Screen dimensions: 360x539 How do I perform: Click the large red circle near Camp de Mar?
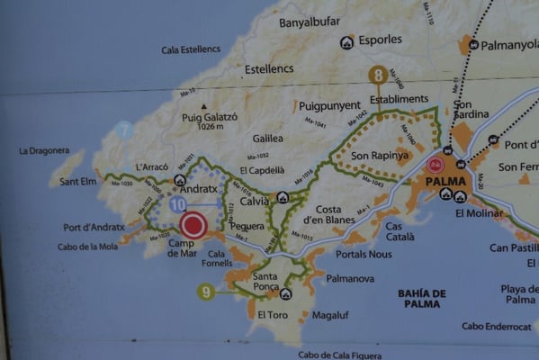tap(193, 225)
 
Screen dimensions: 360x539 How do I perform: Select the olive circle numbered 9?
tap(207, 291)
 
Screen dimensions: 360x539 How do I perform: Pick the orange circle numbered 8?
tap(378, 76)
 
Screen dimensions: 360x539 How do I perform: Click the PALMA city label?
tap(437, 181)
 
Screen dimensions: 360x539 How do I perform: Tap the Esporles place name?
tap(380, 40)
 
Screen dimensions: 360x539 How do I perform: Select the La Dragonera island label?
tap(44, 150)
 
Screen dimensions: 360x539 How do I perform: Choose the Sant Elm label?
tap(78, 181)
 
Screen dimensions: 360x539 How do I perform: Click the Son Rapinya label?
tap(373, 156)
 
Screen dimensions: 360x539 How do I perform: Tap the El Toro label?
tap(273, 315)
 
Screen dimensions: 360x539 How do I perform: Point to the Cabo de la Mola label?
tap(88, 247)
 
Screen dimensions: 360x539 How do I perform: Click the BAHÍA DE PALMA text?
tap(422, 299)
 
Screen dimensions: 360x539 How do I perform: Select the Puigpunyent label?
tap(328, 104)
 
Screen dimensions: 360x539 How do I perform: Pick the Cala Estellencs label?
tap(192, 49)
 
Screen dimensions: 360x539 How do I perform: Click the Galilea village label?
tap(267, 138)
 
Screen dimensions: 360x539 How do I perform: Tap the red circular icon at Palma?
tap(436, 165)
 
